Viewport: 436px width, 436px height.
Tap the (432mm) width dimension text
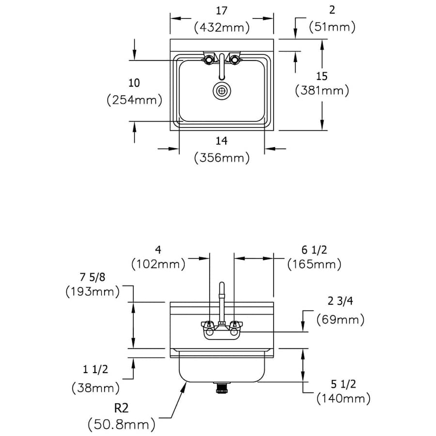point(222,28)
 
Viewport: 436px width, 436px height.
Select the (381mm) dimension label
point(322,91)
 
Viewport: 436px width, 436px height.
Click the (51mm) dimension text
point(332,28)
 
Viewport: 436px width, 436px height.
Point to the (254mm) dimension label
point(134,100)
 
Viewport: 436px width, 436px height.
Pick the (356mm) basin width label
point(222,157)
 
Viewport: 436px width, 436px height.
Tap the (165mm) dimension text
point(314,265)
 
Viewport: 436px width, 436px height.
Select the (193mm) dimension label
point(93,292)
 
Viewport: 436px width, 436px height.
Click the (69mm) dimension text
point(340,320)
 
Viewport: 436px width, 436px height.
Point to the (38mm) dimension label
point(94,388)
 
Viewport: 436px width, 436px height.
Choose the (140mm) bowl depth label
point(343,399)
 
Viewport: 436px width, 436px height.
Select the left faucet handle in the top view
point(208,60)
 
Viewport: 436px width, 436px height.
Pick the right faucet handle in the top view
point(235,60)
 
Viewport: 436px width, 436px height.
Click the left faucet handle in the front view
point(208,326)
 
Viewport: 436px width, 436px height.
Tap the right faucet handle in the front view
point(235,326)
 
